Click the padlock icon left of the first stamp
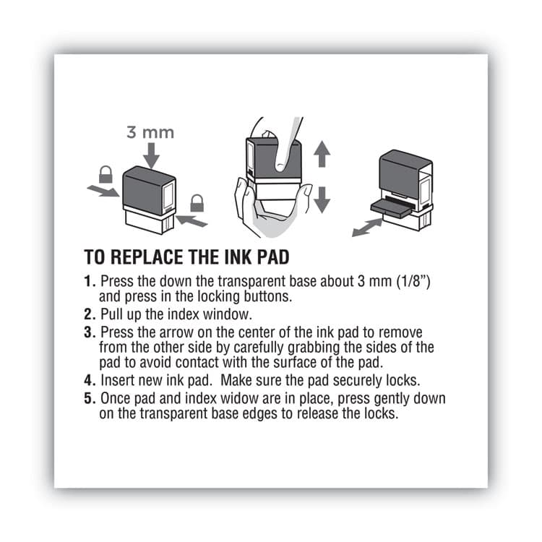(106, 174)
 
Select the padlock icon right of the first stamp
(197, 203)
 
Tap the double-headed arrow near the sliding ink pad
(366, 227)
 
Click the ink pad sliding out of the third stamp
(391, 207)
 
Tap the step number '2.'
(90, 314)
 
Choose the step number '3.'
(90, 332)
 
